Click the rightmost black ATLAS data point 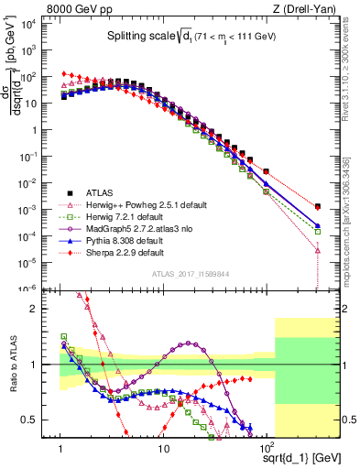point(317,207)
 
